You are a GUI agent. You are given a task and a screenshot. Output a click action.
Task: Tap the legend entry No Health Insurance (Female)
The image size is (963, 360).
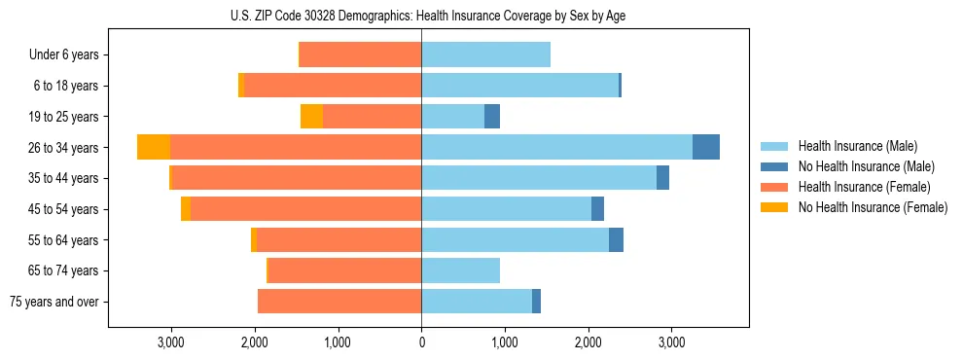pyautogui.click(x=873, y=207)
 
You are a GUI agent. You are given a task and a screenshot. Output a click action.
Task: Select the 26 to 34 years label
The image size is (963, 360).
pyautogui.click(x=66, y=148)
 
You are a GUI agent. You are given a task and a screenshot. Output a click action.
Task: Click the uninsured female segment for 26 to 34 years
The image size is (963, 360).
pyautogui.click(x=154, y=147)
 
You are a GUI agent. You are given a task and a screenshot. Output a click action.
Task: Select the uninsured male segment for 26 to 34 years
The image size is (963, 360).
pyautogui.click(x=706, y=147)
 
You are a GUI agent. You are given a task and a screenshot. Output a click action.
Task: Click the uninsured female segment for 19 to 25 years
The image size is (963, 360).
pyautogui.click(x=311, y=117)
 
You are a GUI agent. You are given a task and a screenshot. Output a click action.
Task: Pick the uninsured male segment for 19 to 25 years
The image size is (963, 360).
pyautogui.click(x=492, y=117)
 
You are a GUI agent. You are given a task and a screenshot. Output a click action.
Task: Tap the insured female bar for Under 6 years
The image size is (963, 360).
pyautogui.click(x=360, y=55)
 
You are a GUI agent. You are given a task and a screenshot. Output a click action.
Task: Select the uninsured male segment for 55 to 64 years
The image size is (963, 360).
pyautogui.click(x=616, y=239)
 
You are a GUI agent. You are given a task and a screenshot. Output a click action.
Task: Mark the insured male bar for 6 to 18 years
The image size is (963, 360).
pyautogui.click(x=519, y=86)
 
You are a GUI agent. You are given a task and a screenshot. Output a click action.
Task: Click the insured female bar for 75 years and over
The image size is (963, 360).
pyautogui.click(x=339, y=302)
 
